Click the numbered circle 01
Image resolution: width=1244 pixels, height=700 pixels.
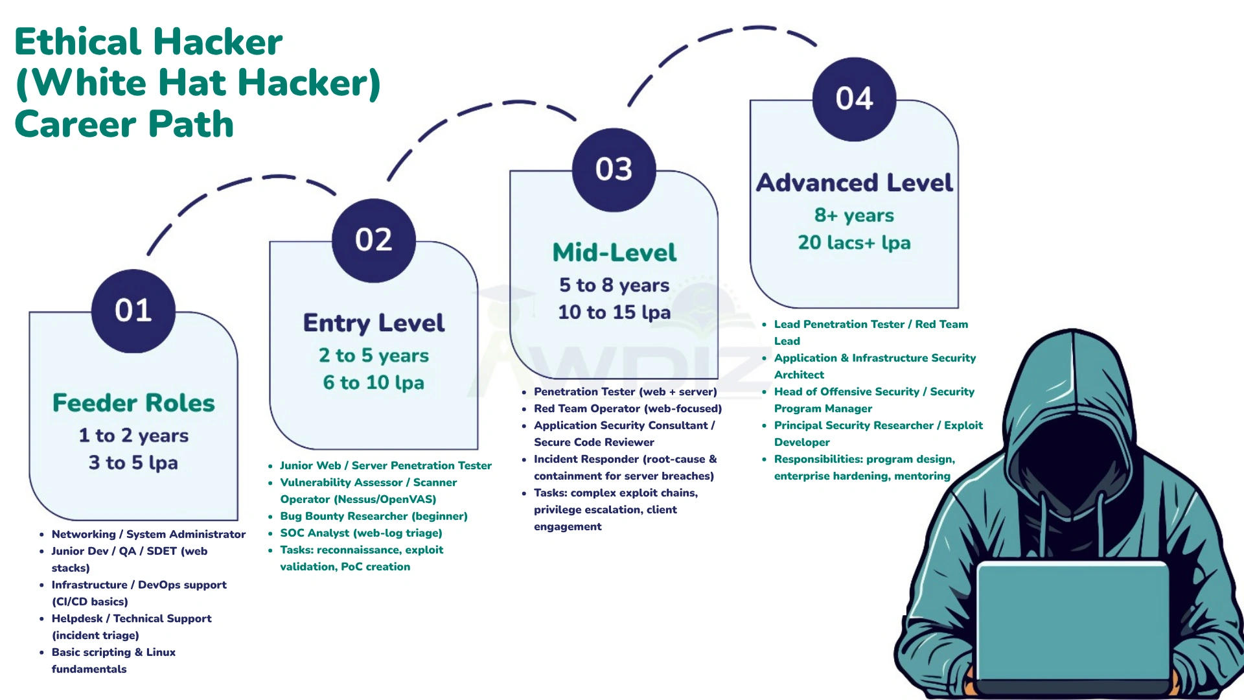click(133, 310)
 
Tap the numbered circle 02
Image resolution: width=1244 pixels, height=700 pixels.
click(374, 240)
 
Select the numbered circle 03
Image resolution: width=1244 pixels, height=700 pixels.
click(614, 169)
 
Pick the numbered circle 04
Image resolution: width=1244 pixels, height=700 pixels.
click(854, 99)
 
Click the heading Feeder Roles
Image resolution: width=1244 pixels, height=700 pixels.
click(133, 402)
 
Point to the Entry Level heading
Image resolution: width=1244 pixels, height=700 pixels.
click(374, 323)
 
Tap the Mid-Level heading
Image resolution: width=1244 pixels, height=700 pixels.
click(614, 252)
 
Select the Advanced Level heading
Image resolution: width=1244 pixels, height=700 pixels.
click(854, 183)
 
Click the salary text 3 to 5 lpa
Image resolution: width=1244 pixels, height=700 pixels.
click(133, 463)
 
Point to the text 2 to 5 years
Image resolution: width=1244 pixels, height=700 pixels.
click(374, 355)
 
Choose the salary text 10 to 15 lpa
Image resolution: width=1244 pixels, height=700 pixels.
click(614, 312)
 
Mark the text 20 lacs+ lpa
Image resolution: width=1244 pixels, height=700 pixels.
click(854, 242)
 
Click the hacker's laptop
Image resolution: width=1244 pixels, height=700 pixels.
click(1072, 622)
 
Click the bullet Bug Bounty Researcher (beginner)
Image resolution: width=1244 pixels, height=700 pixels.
click(373, 516)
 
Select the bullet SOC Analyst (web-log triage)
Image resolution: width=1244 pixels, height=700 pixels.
click(361, 533)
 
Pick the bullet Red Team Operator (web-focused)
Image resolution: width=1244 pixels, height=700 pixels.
click(627, 408)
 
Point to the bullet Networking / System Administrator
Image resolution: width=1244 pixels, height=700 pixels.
click(148, 534)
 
